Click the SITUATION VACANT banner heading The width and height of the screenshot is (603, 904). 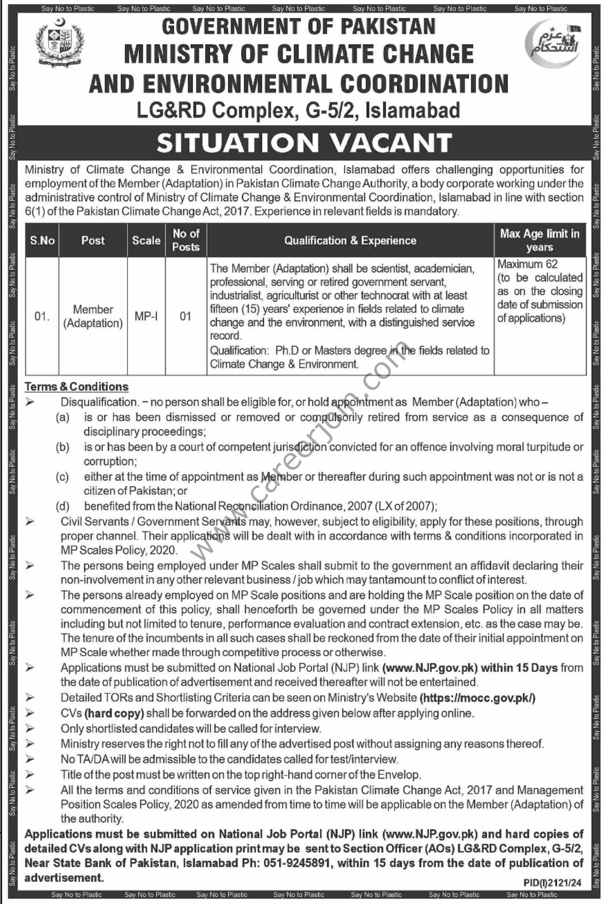tap(304, 142)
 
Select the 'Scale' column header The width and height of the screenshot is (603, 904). tap(146, 240)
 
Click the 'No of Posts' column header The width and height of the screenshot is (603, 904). tap(186, 240)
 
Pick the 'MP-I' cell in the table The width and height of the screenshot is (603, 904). tap(146, 316)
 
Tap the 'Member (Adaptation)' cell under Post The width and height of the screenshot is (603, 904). tap(93, 316)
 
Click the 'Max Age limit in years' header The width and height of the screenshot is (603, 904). tap(539, 240)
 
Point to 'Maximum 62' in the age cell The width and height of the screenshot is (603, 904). tap(528, 264)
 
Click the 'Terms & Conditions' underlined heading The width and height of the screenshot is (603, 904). tap(77, 387)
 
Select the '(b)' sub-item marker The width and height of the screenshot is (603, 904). tap(63, 447)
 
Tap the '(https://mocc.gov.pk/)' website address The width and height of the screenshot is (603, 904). tap(478, 698)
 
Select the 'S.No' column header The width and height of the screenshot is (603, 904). tap(42, 240)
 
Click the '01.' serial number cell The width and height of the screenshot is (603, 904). tap(42, 316)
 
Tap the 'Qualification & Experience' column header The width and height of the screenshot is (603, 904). tap(350, 240)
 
